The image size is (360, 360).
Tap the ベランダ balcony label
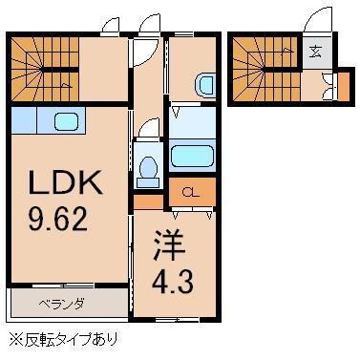[x=61, y=306]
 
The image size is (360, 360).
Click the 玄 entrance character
[x=317, y=53]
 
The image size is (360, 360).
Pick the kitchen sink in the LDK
[x=66, y=121]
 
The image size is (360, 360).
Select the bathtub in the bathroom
[x=195, y=157]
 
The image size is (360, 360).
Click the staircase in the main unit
[x=44, y=72]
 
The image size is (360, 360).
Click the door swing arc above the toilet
[x=147, y=129]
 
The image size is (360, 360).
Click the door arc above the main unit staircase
[x=112, y=26]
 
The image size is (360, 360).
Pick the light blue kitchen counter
[x=38, y=122]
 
